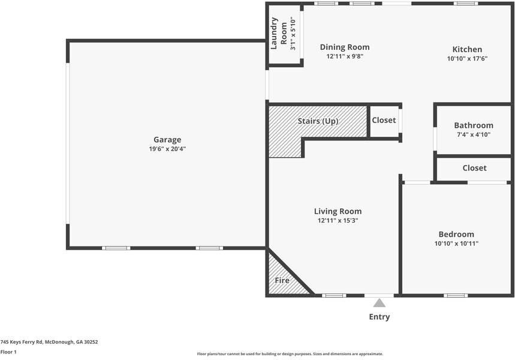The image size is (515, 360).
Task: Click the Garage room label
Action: [x=167, y=140]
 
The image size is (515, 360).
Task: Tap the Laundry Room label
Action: [x=279, y=33]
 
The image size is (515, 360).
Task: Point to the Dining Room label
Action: [x=344, y=47]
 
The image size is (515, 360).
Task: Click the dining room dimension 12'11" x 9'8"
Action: [x=344, y=56]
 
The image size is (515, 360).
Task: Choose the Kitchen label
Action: [x=466, y=50]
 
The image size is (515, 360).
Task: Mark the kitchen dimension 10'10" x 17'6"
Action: [x=466, y=59]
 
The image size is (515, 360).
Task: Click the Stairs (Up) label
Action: [x=318, y=121]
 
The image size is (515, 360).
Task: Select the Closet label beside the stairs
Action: [x=384, y=120]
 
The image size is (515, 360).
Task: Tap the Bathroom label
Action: [x=473, y=125]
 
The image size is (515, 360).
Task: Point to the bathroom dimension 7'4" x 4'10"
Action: [x=473, y=134]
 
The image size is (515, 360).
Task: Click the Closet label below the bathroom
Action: [x=474, y=168]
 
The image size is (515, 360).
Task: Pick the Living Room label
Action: [x=338, y=211]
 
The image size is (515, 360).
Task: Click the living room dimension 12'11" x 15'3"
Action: [x=338, y=220]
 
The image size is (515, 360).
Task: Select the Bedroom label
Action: [x=456, y=235]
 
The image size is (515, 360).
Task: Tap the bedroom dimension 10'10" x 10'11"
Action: [x=456, y=244]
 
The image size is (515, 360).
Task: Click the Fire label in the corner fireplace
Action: [x=282, y=280]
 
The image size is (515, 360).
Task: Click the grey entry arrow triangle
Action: [x=380, y=304]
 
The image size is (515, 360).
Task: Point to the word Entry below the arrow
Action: [x=380, y=317]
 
